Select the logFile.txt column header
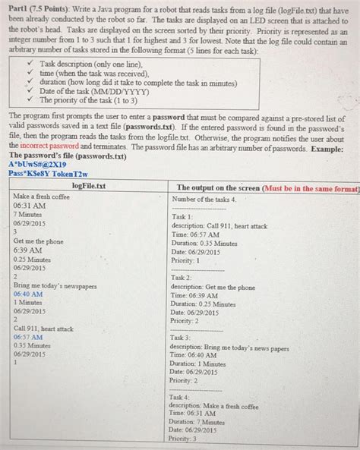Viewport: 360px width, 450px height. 89,186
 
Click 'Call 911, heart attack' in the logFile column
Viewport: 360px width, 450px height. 44,329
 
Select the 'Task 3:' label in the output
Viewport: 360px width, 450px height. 183,337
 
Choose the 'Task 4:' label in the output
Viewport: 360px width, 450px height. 183,397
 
